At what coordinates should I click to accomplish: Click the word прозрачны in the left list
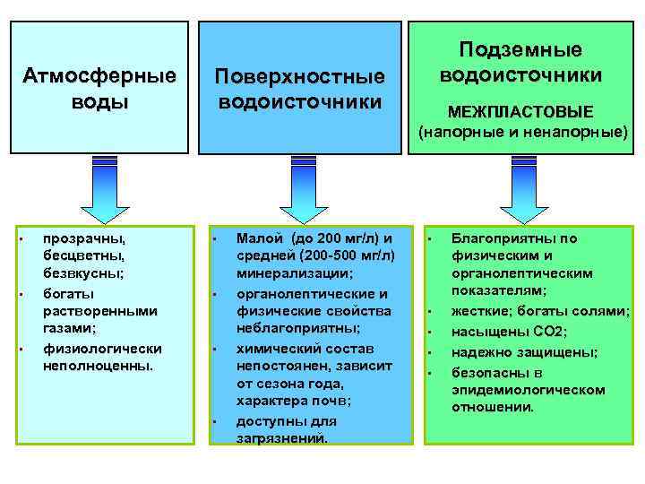click(84, 239)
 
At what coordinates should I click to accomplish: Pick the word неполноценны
click(99, 366)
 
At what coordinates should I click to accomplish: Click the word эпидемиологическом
click(528, 390)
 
